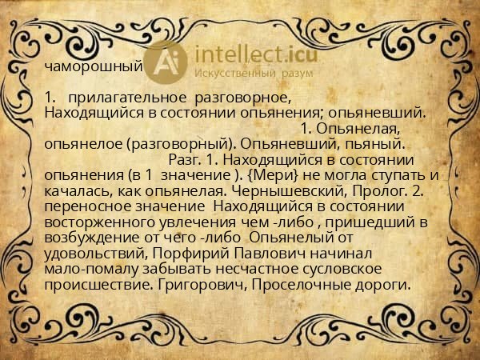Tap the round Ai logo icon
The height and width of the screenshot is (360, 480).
coord(166,62)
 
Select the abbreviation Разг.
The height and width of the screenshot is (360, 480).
coord(183,158)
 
